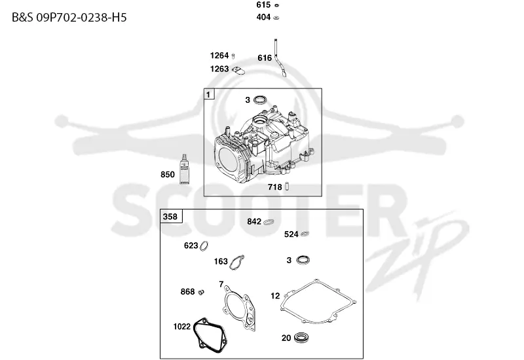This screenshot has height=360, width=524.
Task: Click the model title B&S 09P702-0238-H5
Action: [x=69, y=18]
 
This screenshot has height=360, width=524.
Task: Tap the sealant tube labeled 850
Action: [x=184, y=169]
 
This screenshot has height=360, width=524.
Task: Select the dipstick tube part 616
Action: [x=279, y=58]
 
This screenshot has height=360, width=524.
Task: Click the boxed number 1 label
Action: [x=209, y=94]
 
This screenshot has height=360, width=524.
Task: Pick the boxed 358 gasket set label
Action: [x=171, y=217]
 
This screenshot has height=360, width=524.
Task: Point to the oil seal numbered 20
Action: [x=301, y=337]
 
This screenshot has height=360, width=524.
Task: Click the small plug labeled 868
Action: [x=201, y=292]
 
